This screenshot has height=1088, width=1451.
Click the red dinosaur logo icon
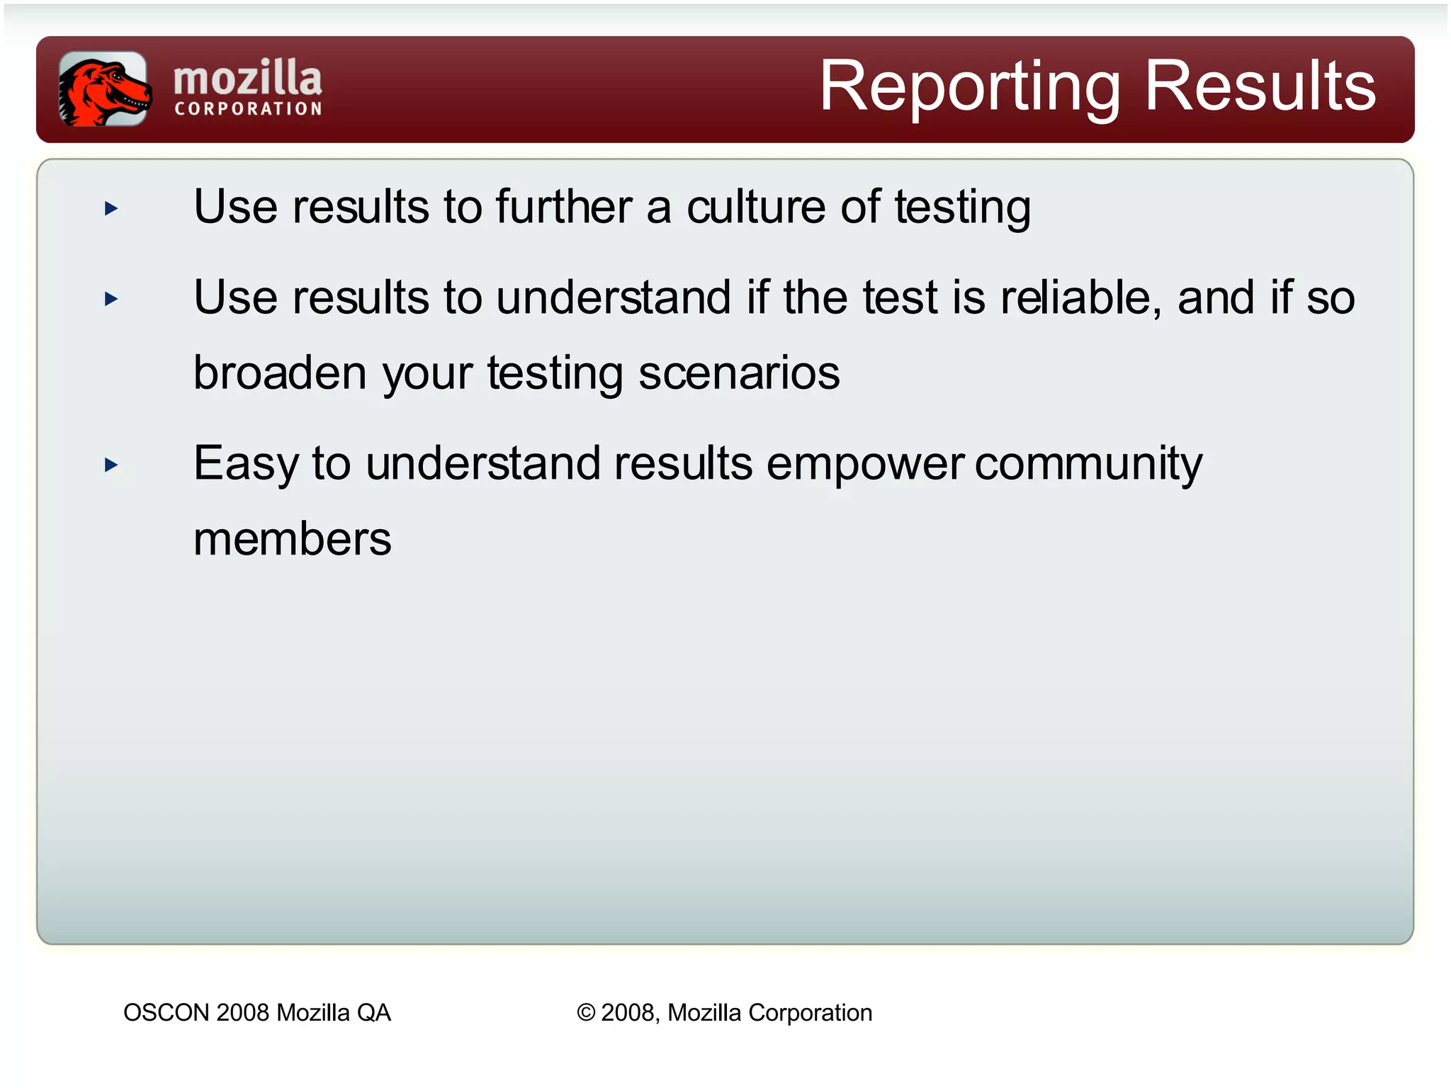[x=103, y=89]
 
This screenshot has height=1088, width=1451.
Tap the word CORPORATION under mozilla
[x=248, y=109]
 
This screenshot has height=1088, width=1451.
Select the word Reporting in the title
[x=969, y=88]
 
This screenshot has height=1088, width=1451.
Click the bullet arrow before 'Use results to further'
[x=111, y=208]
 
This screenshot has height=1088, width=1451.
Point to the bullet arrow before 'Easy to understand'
[x=111, y=465]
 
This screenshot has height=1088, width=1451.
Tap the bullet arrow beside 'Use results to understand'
[x=111, y=299]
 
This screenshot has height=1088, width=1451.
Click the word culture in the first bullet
[x=756, y=207]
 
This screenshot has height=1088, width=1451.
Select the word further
[x=563, y=207]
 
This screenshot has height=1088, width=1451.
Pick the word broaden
[x=280, y=373]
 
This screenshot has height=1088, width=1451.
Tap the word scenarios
[x=739, y=373]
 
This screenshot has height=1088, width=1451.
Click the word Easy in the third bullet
[x=246, y=464]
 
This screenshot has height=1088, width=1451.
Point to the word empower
[x=864, y=464]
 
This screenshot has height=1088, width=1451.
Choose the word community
[x=1088, y=464]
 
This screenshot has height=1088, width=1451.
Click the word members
[x=292, y=539]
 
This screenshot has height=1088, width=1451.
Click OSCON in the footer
[x=166, y=1012]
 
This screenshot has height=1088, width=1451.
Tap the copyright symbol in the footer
[x=586, y=1012]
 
